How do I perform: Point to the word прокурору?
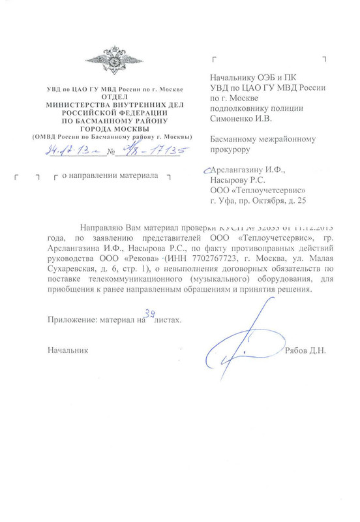point(233,149)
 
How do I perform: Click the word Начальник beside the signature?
point(68,351)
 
